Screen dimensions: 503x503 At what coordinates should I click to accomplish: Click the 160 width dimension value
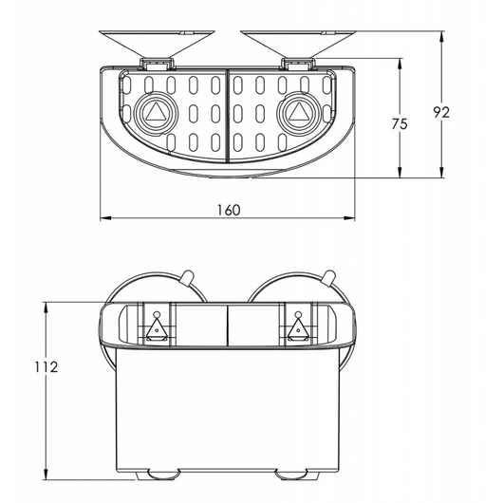click(x=228, y=209)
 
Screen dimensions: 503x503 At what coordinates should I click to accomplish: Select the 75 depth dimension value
click(x=400, y=124)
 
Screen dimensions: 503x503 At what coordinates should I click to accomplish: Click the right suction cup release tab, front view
click(x=329, y=277)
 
